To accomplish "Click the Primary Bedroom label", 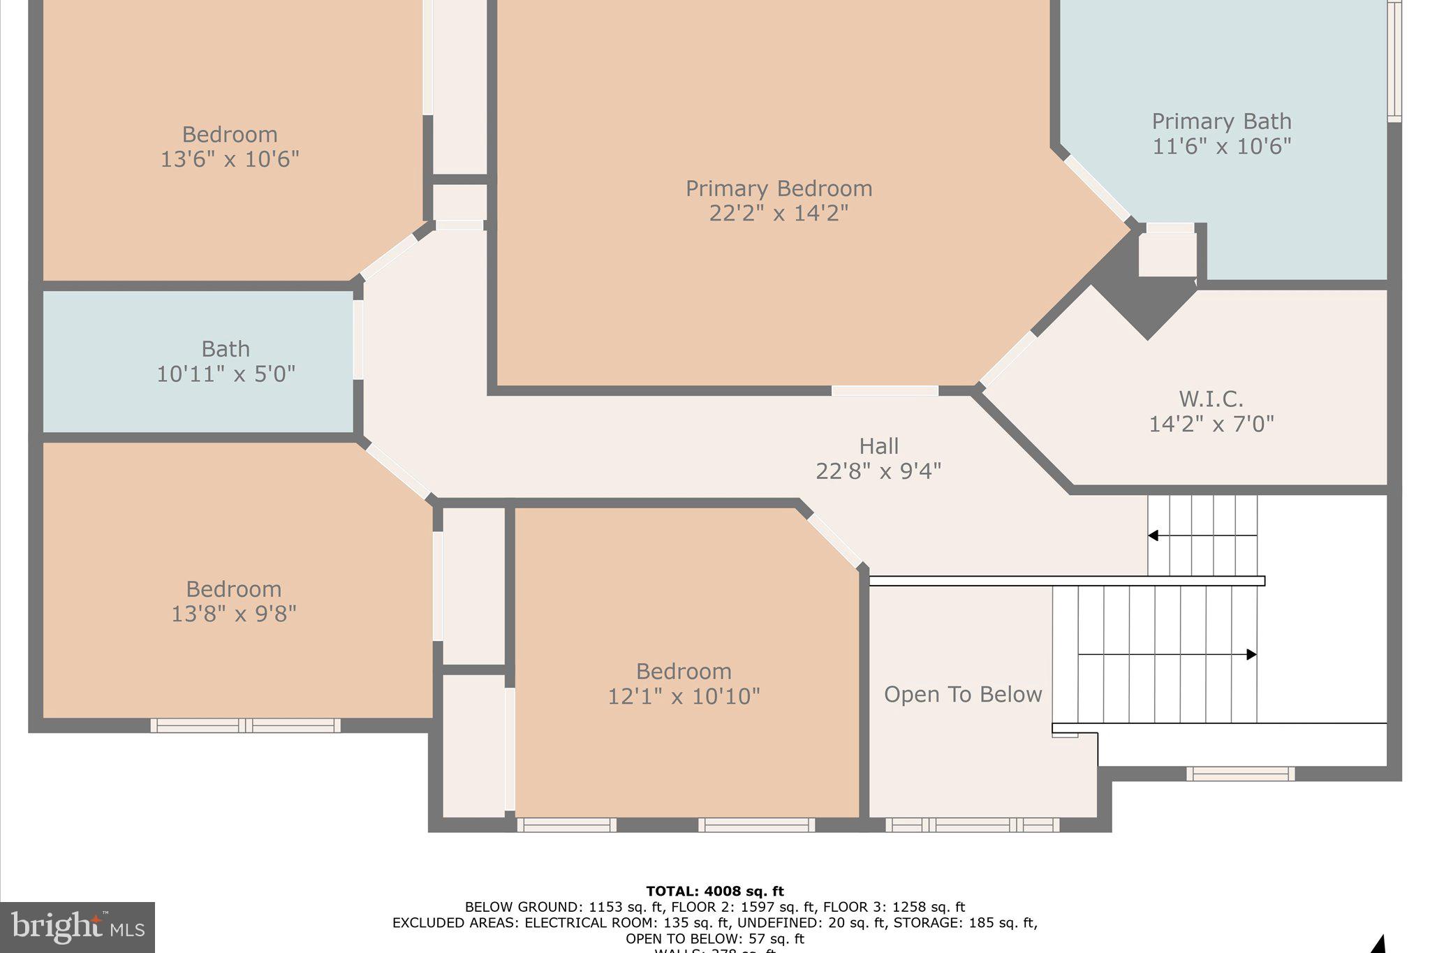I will (779, 189).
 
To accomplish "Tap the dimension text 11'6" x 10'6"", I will (1221, 147).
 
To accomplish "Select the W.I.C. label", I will (1211, 399).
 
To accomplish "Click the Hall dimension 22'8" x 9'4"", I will (878, 471).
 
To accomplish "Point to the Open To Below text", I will (963, 694).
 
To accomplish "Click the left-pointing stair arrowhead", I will (1153, 535).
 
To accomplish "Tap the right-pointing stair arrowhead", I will (1251, 654).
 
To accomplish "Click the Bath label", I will (226, 348).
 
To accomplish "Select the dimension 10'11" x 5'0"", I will (226, 374).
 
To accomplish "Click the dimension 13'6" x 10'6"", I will (230, 159).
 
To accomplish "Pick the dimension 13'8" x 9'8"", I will (234, 614).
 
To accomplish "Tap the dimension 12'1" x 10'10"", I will (684, 696).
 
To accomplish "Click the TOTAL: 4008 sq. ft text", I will (715, 891).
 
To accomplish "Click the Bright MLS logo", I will (77, 927).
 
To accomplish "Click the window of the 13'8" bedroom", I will (245, 725).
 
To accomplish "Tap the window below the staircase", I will (1240, 774).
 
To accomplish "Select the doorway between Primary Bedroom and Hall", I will (885, 391).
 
